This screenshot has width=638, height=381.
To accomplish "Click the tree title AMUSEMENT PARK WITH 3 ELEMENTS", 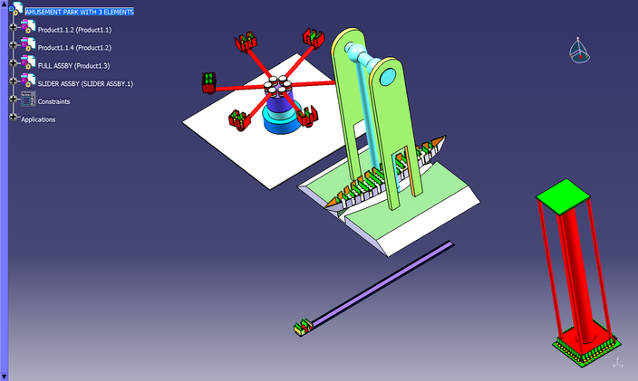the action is pos(80,12).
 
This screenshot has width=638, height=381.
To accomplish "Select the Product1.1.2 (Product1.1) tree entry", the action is pos(74,30).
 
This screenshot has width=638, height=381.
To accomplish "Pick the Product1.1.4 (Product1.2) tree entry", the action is pos(74,48).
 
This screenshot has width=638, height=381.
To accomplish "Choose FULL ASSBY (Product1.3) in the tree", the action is pos(73,65).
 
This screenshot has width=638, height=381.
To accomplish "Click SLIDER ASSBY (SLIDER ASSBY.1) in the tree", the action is pos(85,83).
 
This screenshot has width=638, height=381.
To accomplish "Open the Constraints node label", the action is pos(53,101).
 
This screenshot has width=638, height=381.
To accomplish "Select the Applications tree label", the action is pos(38,119).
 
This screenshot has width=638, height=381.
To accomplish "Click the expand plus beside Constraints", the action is pos(13,99).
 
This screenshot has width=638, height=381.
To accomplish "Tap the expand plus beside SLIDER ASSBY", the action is pos(13,81).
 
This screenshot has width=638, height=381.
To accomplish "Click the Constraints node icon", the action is pos(28,100).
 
